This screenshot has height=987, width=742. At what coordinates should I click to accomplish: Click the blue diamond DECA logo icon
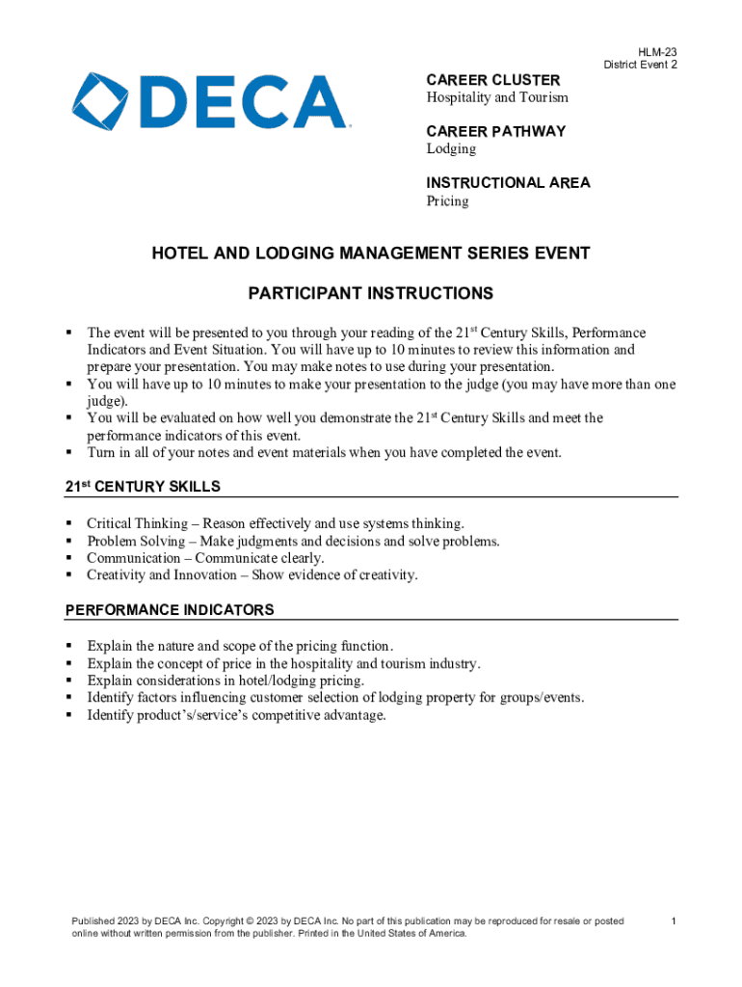point(94,100)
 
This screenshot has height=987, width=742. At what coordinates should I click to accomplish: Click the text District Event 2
point(640,65)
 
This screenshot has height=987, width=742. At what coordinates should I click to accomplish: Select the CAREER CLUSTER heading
point(492,80)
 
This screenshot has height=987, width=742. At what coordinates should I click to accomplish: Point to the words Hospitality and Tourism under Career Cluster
point(497,97)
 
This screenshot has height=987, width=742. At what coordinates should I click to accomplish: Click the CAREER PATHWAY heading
point(495,131)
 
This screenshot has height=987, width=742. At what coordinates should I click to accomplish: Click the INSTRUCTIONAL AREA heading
point(508,183)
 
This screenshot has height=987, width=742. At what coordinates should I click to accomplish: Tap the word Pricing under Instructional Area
point(447,200)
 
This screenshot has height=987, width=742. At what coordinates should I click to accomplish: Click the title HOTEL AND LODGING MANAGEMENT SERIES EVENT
point(371,253)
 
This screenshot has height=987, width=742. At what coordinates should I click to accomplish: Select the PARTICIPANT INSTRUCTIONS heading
point(371,293)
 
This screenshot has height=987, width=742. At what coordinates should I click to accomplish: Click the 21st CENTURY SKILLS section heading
point(142,486)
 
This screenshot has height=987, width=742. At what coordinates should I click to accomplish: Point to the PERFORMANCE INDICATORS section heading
point(169,610)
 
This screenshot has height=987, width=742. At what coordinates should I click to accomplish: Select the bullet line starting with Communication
point(204,558)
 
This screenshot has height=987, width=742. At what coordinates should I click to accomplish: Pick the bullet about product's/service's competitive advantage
point(236,715)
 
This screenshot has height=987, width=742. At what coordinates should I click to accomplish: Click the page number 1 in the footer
point(674,921)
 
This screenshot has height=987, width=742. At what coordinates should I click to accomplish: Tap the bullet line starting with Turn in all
point(324,452)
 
